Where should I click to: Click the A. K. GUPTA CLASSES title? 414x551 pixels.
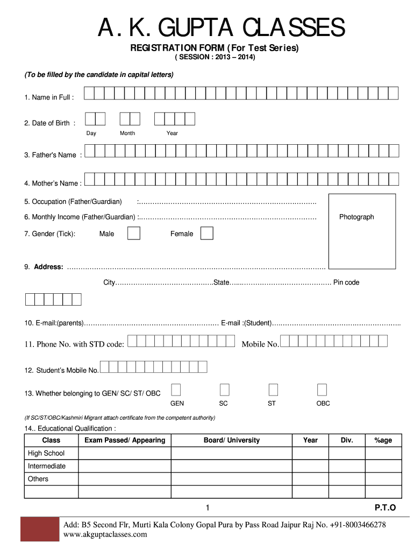pos(221,28)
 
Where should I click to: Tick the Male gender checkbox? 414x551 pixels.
pos(133,233)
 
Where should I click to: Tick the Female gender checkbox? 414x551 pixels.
pos(206,233)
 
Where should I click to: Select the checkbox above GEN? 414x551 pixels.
pos(176,390)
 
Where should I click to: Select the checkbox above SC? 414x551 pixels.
pos(225,390)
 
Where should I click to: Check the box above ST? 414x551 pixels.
pos(273,390)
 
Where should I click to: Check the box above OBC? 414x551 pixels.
pos(322,390)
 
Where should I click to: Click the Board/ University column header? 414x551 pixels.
pos(232,440)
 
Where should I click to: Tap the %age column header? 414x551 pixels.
pos(383,440)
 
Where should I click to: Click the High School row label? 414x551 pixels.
pos(46,453)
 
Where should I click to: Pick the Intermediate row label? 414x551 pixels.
pos(47,466)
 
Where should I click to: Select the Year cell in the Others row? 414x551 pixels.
pos(310,479)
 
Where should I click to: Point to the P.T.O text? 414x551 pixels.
pos(385,507)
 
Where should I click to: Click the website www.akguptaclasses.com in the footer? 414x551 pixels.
pos(105,534)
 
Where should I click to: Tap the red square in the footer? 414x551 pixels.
pos(39,529)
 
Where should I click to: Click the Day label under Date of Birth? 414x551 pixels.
pos(91,133)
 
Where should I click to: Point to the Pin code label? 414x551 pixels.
pos(346,282)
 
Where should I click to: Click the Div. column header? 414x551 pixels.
pos(347,440)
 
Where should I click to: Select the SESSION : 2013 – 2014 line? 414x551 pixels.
pos(215,57)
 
